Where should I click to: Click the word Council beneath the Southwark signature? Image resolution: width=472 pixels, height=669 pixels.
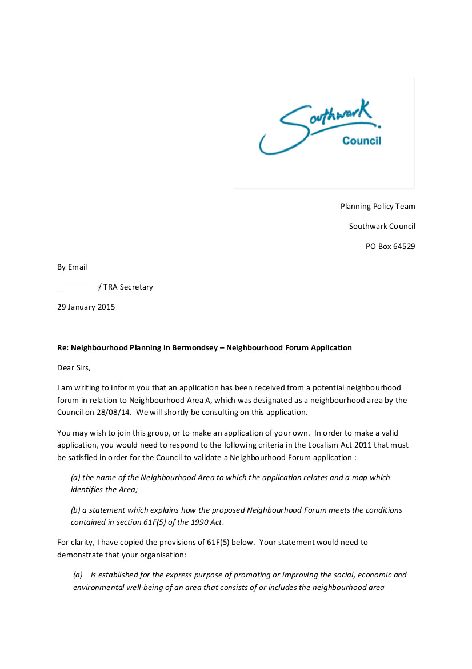(x=361, y=141)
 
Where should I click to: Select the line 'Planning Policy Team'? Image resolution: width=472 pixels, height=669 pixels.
(x=378, y=206)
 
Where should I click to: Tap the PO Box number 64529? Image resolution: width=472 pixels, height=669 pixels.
(x=404, y=247)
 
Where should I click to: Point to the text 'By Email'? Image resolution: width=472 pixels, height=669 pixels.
(x=72, y=267)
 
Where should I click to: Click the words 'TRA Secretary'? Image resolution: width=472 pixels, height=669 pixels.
(x=129, y=287)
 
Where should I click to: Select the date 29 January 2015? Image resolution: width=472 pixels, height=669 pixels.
(x=86, y=307)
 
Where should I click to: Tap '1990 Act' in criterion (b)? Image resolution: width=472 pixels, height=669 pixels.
(x=208, y=522)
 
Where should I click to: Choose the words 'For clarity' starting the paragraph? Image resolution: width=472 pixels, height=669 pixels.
(x=75, y=542)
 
